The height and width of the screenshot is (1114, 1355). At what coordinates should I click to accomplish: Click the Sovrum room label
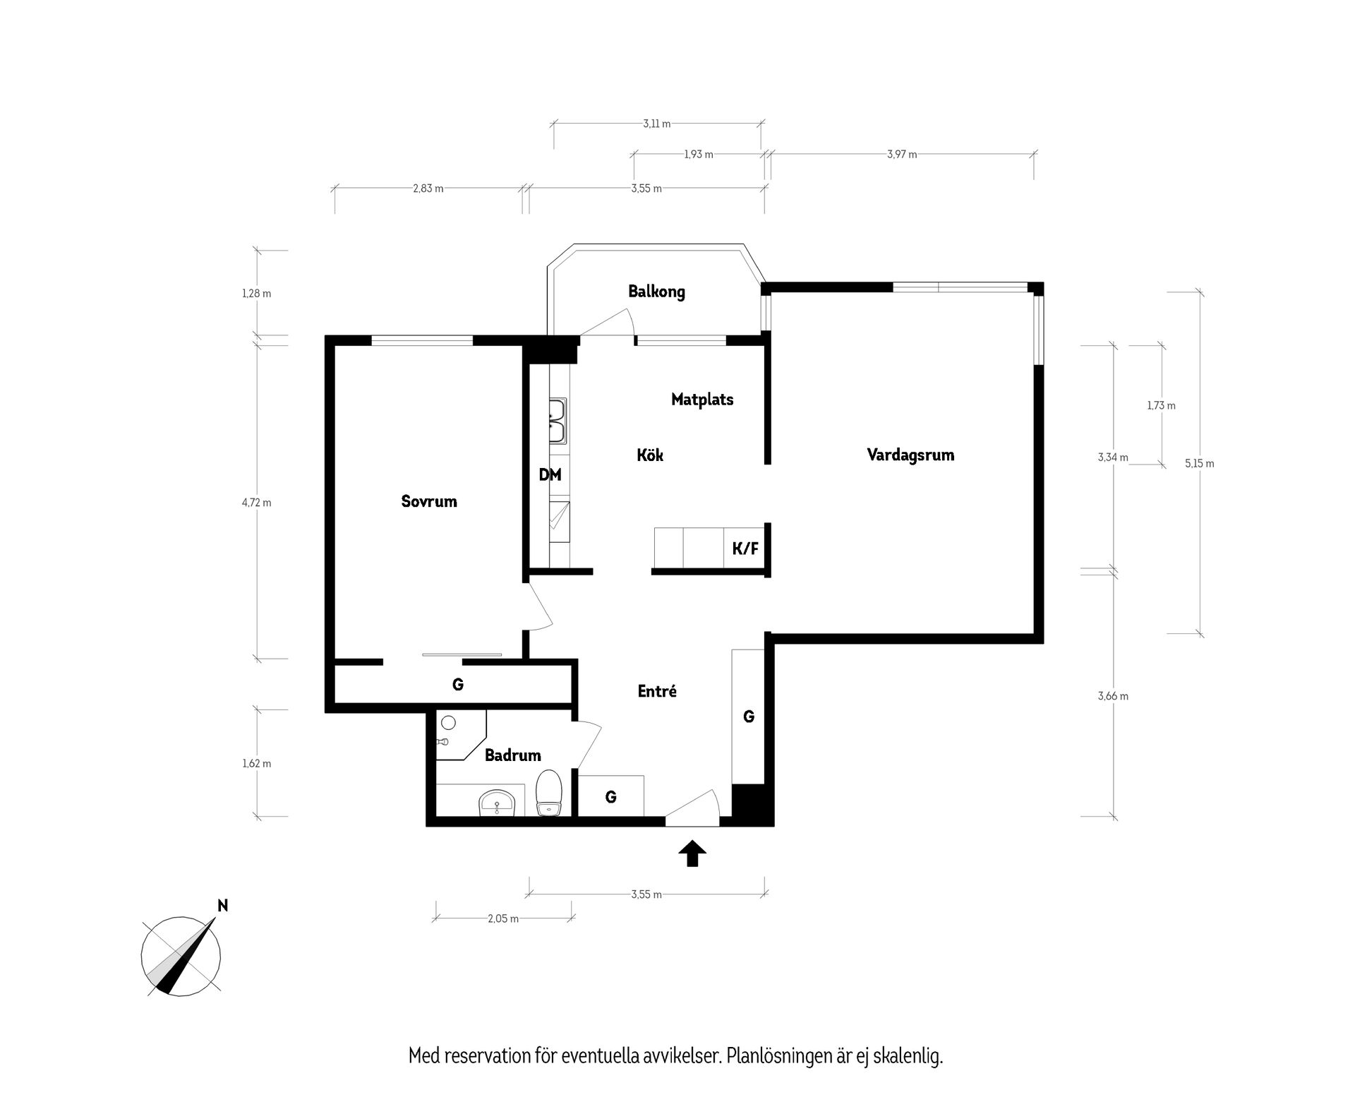click(429, 502)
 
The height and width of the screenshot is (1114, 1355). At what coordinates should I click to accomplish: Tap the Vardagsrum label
click(910, 455)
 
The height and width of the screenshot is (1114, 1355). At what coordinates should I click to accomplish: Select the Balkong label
click(656, 292)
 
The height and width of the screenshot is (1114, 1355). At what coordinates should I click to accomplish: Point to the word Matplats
click(702, 400)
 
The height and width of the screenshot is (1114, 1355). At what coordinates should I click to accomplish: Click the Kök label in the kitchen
click(650, 455)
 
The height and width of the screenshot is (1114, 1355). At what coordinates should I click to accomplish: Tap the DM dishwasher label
click(550, 475)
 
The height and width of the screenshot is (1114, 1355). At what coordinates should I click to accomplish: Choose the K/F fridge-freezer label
click(745, 549)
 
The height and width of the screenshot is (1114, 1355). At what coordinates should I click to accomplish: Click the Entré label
click(657, 692)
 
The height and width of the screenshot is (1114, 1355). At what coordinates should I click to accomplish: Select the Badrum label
click(513, 755)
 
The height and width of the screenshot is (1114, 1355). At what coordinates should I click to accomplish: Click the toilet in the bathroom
click(548, 793)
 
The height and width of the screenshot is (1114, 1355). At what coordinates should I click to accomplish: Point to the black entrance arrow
click(692, 853)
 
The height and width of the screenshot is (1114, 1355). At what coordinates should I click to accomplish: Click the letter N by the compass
click(223, 906)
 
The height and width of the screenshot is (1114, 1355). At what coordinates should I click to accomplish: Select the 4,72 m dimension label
click(256, 503)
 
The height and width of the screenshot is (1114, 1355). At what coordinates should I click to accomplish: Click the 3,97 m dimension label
click(902, 155)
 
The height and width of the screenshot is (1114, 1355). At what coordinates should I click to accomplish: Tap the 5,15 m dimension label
click(1200, 464)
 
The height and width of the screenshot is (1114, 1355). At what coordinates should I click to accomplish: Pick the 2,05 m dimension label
click(503, 919)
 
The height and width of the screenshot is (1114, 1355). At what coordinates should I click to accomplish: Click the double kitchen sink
click(558, 421)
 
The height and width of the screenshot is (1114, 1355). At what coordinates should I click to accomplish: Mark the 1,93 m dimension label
click(699, 155)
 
